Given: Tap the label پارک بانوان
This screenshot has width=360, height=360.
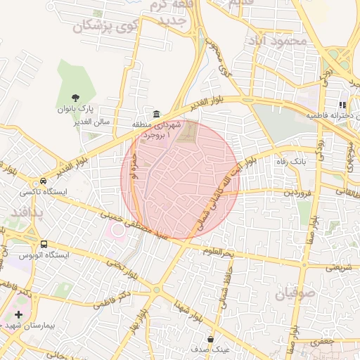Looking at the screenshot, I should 76,110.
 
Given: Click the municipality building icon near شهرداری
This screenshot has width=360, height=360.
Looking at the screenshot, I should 155,114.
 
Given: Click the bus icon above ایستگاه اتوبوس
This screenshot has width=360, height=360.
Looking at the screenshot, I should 44,244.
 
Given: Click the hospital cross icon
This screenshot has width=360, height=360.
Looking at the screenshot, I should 18,314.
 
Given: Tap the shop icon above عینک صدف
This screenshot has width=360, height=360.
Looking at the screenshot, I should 211,339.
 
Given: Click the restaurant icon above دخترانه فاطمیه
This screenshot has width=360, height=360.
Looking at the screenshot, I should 342,105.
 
